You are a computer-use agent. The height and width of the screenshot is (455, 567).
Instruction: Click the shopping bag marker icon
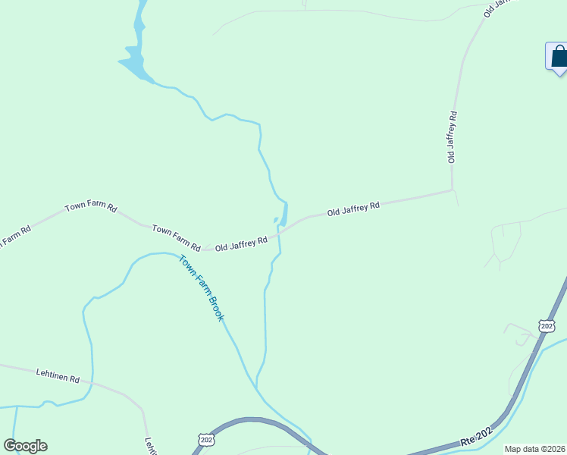point(559,57)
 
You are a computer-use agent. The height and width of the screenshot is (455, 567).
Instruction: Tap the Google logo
point(25,446)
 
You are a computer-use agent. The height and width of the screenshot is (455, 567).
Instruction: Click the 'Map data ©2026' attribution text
point(534,449)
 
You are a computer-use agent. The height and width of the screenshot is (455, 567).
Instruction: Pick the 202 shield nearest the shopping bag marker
point(547,325)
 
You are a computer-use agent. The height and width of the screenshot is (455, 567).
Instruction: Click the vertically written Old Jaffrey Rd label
point(452,137)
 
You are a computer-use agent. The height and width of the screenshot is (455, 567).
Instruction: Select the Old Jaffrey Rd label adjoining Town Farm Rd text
point(241,243)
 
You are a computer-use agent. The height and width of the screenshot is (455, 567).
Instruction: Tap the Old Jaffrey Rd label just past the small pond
point(353,208)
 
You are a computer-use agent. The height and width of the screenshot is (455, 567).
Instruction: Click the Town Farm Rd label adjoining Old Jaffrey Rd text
point(176,237)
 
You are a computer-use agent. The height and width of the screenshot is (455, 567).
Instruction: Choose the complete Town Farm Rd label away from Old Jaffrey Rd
point(91,207)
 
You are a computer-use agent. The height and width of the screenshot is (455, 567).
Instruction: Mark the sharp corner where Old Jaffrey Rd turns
point(453,190)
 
